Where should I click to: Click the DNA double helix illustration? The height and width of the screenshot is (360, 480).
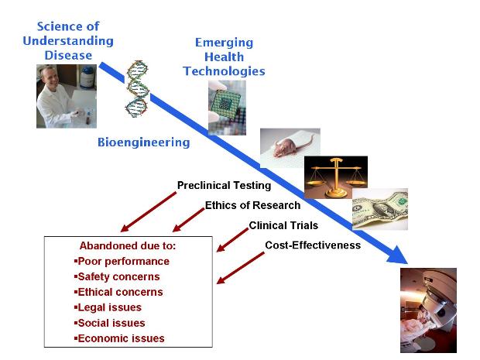coord(137,89)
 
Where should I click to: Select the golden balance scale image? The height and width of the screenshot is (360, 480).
coord(336,177)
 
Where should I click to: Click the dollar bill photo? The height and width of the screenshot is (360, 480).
coord(380,209)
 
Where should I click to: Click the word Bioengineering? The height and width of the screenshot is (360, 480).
coord(143,142)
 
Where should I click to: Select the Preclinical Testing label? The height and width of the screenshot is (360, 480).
coord(224,186)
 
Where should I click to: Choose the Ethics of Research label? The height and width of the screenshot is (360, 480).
coord(252,205)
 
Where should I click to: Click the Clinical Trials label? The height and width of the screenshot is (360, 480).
coord(283,225)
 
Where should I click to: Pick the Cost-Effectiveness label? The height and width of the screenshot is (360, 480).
coord(313,245)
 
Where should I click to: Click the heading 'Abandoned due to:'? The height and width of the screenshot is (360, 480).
coord(128,246)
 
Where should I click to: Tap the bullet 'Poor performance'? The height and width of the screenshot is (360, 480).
coord(122,262)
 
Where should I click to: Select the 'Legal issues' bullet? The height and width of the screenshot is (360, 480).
coord(108,307)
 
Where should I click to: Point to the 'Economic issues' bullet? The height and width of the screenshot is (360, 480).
coord(119,338)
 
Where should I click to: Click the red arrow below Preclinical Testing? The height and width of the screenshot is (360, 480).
coord(149,211)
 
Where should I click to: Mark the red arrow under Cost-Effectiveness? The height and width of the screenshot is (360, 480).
coord(240,268)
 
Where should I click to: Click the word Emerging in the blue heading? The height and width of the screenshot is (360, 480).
coord(224,43)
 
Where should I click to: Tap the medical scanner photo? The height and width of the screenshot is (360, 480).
coord(428,310)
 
